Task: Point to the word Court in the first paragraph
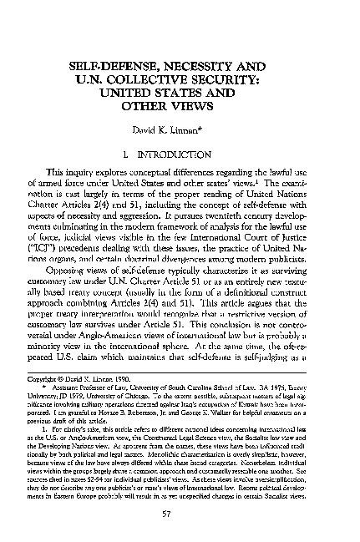(x=291, y=236)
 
